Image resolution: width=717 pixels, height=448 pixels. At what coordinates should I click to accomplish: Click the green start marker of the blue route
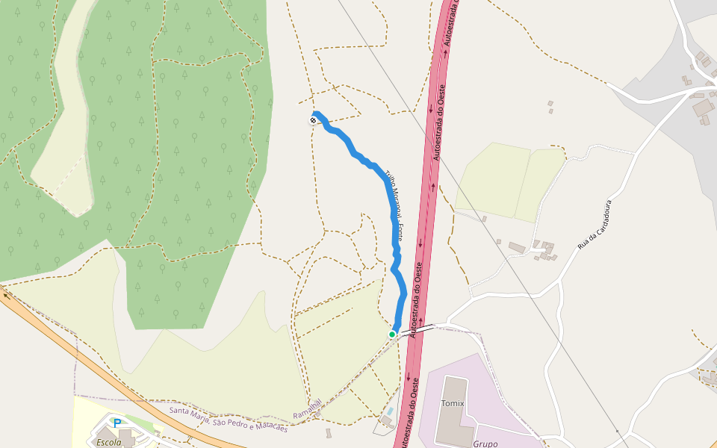391,335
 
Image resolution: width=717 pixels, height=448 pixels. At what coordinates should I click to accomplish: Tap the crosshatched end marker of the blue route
313,120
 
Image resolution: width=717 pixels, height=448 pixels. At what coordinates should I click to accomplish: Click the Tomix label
453,404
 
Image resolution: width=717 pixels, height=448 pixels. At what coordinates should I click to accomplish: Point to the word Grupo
485,444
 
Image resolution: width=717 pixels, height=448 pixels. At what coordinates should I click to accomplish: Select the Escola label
109,442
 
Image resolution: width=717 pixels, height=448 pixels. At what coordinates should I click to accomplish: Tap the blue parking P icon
117,423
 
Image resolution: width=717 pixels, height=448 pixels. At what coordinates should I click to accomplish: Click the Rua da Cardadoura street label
595,225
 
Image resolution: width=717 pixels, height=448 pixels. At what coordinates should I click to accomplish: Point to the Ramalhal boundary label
307,408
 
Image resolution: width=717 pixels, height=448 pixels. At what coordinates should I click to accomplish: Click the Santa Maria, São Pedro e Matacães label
228,419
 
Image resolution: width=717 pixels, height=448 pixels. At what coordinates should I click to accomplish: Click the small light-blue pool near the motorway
388,411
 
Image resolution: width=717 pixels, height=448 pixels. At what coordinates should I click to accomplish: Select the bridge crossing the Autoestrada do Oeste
417,329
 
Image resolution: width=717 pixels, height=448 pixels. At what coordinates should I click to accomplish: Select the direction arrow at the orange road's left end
7,295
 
